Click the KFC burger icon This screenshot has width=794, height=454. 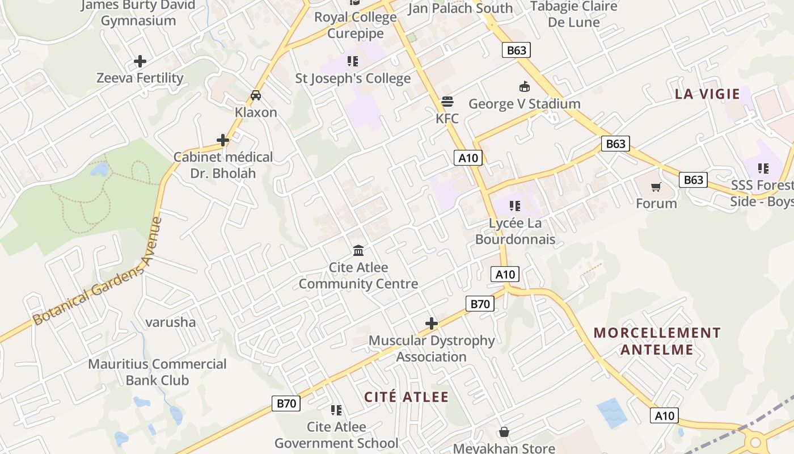[x=447, y=102]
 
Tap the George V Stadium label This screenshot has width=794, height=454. [x=524, y=104]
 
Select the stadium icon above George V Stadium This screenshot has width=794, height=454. [x=524, y=87]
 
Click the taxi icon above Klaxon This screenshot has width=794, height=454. [x=256, y=95]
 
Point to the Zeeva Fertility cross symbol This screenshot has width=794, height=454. [x=140, y=61]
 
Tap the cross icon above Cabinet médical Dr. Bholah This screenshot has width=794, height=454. [x=223, y=140]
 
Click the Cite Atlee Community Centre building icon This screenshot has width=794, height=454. [x=358, y=250]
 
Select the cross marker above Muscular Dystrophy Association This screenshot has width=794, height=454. [x=432, y=323]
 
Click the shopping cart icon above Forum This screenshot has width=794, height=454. [x=656, y=187]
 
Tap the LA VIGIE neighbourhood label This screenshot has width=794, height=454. [x=707, y=94]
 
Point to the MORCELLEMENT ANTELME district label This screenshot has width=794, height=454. [x=657, y=341]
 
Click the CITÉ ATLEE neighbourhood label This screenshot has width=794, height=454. [x=406, y=397]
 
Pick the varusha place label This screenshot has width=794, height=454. [x=171, y=322]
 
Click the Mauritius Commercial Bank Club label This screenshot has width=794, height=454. [x=157, y=372]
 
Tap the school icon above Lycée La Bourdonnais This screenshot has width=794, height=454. [x=515, y=206]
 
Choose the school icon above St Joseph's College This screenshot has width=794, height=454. [x=353, y=61]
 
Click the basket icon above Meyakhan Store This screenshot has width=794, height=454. [x=504, y=432]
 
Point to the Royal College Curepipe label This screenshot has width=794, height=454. [x=356, y=25]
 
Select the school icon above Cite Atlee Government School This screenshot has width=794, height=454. [x=336, y=410]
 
